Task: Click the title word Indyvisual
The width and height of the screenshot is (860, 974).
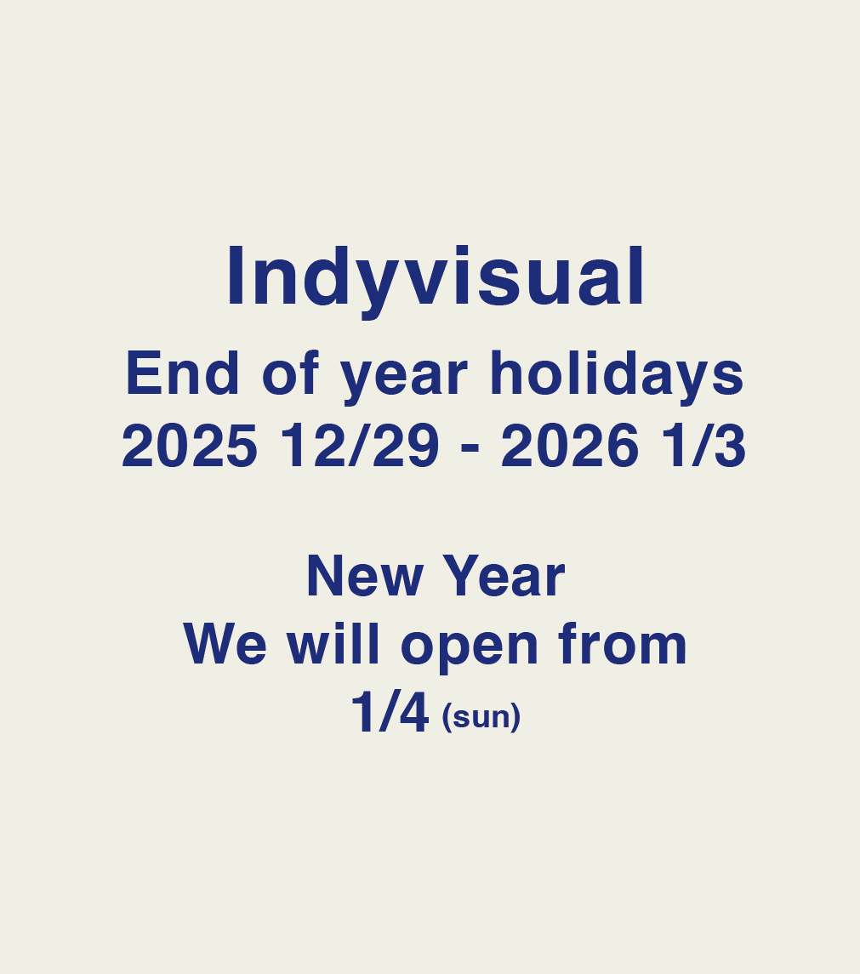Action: [436, 280]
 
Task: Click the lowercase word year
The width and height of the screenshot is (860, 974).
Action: [403, 379]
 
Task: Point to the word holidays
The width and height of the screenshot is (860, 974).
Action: [617, 376]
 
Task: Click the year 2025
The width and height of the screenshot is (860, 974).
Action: [189, 446]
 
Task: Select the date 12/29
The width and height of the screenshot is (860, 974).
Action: [360, 446]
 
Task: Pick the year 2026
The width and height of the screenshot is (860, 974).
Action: [569, 446]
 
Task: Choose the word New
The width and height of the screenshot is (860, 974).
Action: [365, 576]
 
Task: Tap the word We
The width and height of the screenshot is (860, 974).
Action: [225, 644]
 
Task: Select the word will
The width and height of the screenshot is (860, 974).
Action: [333, 644]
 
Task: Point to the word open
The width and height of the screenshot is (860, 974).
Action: [470, 649]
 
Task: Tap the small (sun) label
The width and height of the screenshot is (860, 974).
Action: [481, 717]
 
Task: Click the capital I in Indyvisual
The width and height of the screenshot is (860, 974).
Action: [235, 276]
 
